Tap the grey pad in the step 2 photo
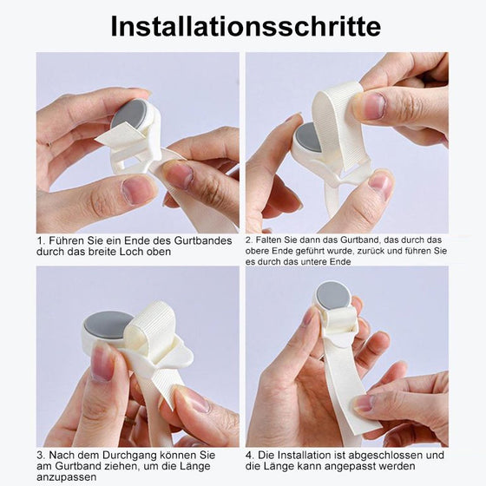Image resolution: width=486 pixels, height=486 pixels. pyautogui.click(x=307, y=138)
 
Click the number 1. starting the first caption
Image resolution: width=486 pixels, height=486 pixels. pyautogui.click(x=41, y=240)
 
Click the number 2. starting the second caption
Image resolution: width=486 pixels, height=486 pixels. pyautogui.click(x=250, y=239)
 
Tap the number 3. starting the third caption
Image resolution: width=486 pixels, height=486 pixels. pyautogui.click(x=41, y=455)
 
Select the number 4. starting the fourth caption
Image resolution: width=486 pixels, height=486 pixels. pyautogui.click(x=250, y=455)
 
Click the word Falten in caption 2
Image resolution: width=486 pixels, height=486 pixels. pyautogui.click(x=273, y=239)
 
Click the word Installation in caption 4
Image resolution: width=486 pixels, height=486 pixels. pyautogui.click(x=303, y=455)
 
